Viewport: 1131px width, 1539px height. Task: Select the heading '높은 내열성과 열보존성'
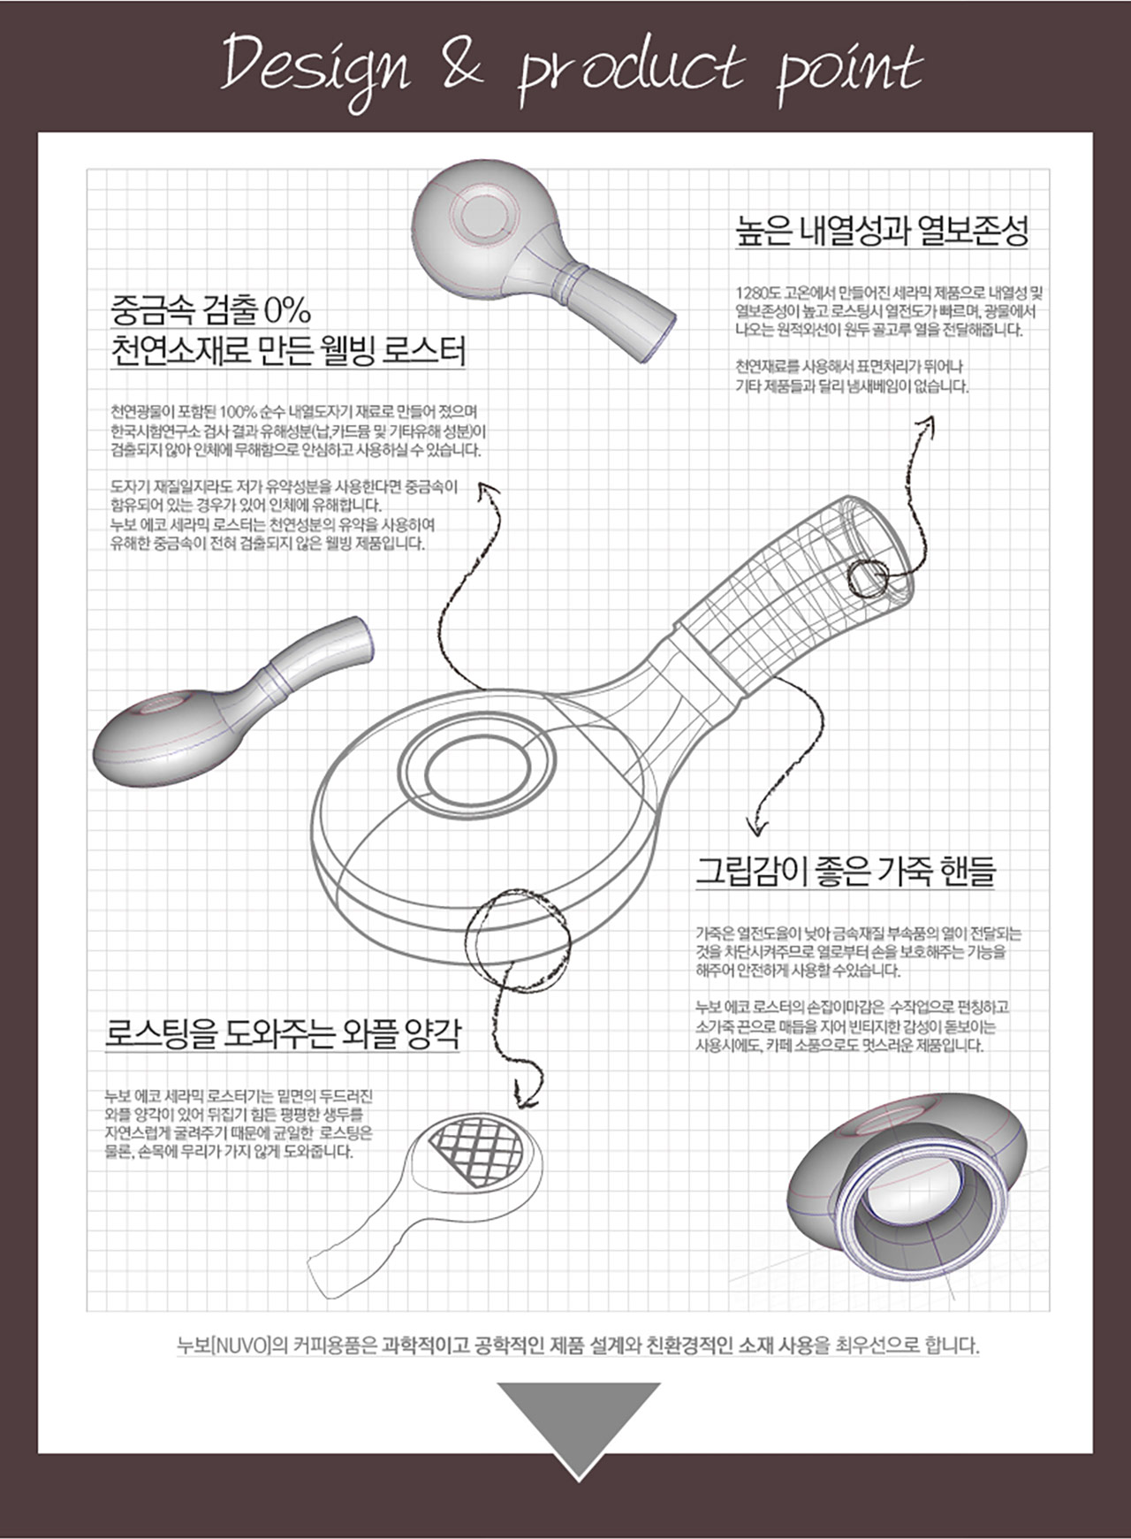tap(882, 231)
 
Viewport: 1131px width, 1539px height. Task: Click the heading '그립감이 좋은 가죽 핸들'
tap(846, 871)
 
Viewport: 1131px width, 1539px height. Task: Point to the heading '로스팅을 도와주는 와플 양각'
tap(283, 1032)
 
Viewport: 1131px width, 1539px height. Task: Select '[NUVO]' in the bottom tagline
tap(239, 1346)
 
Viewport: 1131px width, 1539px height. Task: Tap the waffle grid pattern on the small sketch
tap(477, 1151)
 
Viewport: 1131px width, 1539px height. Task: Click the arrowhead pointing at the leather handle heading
tap(755, 827)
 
